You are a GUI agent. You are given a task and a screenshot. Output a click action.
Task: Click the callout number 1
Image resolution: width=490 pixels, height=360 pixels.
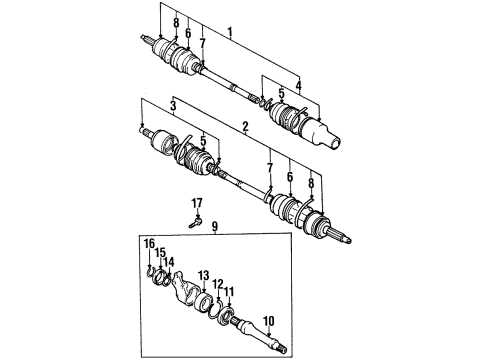pyautogui.click(x=231, y=32)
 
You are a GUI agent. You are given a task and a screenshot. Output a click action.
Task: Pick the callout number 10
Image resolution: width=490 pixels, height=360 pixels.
pyautogui.click(x=268, y=321)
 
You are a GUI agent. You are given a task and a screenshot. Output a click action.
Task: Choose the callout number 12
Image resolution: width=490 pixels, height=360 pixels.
pyautogui.click(x=217, y=285)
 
